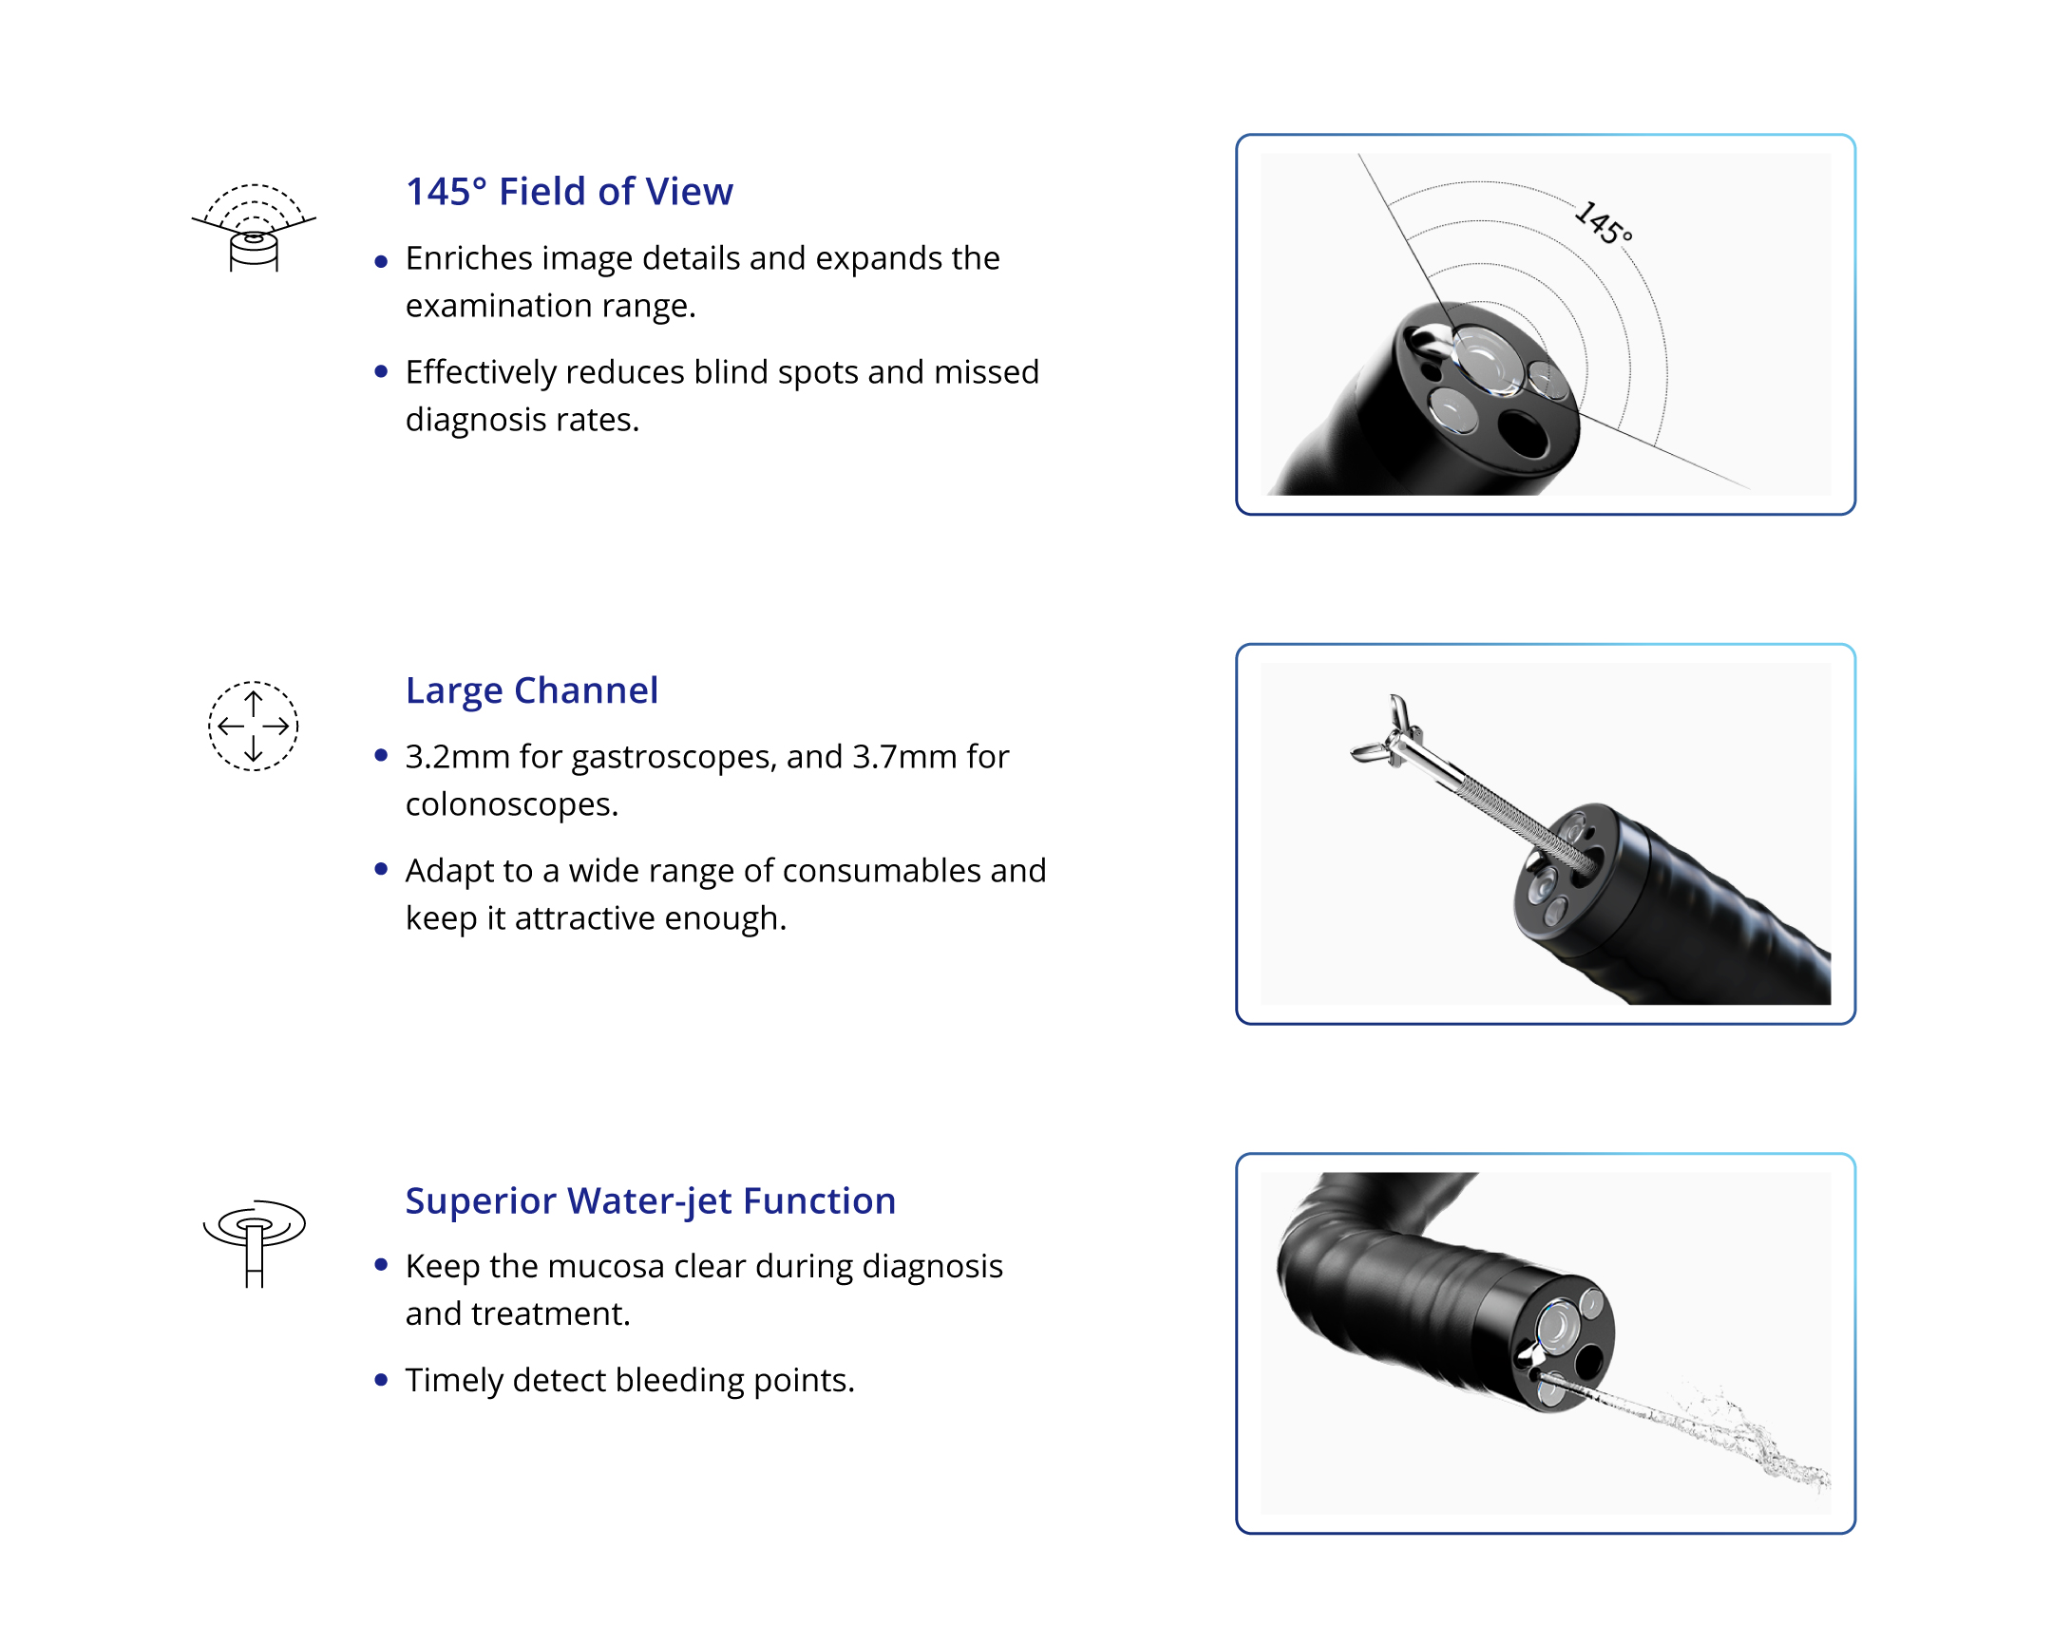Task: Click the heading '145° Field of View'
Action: pos(569,191)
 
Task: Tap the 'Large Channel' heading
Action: pos(531,689)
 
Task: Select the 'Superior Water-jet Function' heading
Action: pos(650,1200)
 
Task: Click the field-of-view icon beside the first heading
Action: pos(253,227)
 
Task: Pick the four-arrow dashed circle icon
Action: pos(253,726)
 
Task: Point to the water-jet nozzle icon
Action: pos(254,1243)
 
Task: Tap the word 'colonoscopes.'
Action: pos(512,805)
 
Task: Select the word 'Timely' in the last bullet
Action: pos(454,1382)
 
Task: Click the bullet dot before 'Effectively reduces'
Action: pos(381,372)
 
